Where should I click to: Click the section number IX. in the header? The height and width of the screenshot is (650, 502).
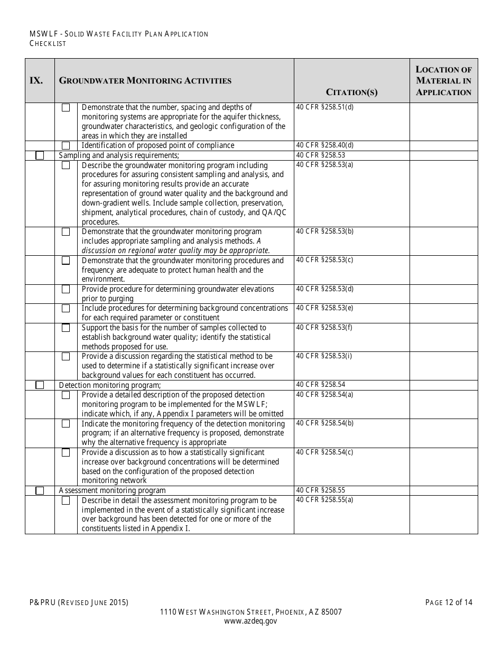pos(36,81)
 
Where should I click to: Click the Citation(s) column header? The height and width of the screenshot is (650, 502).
pos(351,92)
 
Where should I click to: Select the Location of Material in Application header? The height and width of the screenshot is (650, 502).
pos(443,81)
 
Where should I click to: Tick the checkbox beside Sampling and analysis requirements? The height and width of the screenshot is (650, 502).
pos(40,156)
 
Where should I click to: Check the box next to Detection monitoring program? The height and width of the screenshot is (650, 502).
pos(40,385)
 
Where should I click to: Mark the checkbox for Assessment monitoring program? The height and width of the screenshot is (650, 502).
pos(40,491)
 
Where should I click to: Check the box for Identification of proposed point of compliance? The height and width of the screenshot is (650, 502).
pos(66,146)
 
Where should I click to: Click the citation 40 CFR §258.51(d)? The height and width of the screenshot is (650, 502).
pos(325,107)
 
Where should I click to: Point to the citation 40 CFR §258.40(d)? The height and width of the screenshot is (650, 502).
pos(325,145)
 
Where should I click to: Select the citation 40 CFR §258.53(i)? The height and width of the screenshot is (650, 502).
pos(324,356)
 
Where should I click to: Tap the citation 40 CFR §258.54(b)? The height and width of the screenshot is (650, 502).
pos(325,423)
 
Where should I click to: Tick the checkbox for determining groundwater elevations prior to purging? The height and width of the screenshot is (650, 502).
pos(66,289)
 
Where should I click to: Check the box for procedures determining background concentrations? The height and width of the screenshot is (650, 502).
pos(66,308)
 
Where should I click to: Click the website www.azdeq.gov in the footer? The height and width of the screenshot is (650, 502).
pos(250,621)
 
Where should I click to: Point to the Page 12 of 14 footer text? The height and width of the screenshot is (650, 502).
pos(449,602)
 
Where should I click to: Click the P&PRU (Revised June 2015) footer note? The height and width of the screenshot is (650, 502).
pos(79,602)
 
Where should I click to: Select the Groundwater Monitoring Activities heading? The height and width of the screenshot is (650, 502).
pos(145,81)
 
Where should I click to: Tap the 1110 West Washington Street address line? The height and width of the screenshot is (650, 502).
pos(250,612)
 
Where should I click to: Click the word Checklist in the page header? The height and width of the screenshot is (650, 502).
pos(48,43)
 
